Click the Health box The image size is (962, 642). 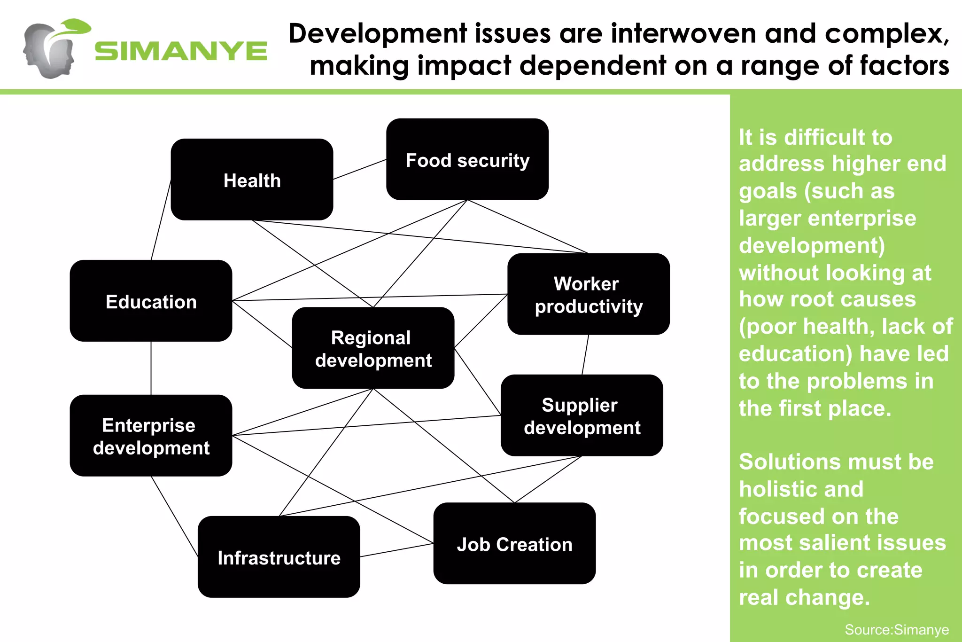(252, 180)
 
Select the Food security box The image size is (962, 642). (467, 159)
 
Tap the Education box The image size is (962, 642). (151, 301)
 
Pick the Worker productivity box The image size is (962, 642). (589, 294)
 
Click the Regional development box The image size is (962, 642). (373, 348)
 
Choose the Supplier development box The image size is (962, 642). (582, 415)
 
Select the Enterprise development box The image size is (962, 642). (151, 436)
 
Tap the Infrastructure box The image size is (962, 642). (279, 557)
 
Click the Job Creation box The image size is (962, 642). (514, 544)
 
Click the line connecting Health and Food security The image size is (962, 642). (360, 169)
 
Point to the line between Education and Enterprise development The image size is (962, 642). (151, 368)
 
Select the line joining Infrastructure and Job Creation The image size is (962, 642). (397, 550)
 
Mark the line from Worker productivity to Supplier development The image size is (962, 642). (585, 355)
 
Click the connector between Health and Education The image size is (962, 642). (161, 219)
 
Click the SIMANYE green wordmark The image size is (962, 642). (181, 51)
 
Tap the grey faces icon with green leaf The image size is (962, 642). (54, 49)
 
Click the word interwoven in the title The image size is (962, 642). (683, 34)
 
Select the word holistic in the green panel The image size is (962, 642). (801, 489)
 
